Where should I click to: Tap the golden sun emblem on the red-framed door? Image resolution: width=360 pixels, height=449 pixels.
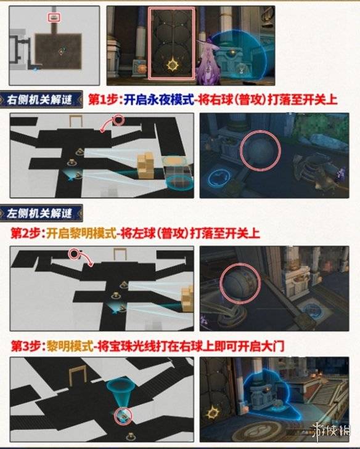pyautogui.click(x=173, y=63)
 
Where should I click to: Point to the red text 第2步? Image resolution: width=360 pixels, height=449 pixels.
pyautogui.click(x=27, y=233)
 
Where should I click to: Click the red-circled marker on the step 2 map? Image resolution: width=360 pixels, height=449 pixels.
pyautogui.click(x=75, y=253)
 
